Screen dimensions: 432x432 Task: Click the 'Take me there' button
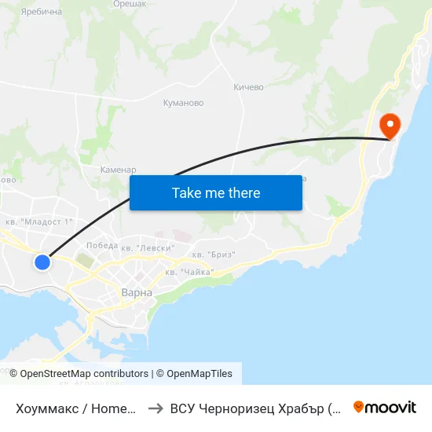tap(216, 192)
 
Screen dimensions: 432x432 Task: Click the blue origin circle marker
tap(42, 262)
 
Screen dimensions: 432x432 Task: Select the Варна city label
tap(137, 292)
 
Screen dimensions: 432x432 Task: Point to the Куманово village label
tap(183, 103)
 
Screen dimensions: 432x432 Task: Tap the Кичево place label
tap(248, 87)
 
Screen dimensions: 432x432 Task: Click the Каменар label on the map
tap(119, 170)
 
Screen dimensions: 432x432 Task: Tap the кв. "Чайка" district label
tap(189, 272)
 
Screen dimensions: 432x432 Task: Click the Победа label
tap(102, 245)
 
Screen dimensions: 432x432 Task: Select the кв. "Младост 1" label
tap(39, 221)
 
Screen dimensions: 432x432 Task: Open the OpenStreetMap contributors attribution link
tap(84, 374)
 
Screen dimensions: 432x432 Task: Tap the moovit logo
tap(385, 407)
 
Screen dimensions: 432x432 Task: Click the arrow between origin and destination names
tap(156, 408)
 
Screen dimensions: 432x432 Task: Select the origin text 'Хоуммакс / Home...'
tap(77, 408)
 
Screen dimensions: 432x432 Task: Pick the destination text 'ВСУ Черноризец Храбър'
tap(255, 408)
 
